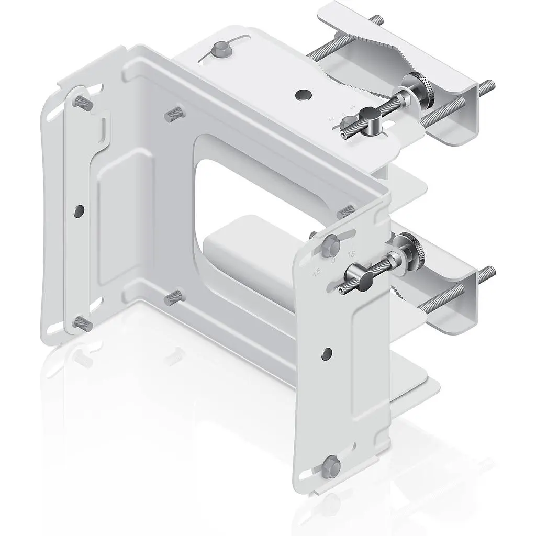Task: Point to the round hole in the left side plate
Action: [79, 210]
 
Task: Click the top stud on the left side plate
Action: [84, 103]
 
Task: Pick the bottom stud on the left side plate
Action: [84, 323]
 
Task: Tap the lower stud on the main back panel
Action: [173, 298]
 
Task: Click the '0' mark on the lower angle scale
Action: [334, 260]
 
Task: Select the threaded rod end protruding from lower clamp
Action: [488, 273]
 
